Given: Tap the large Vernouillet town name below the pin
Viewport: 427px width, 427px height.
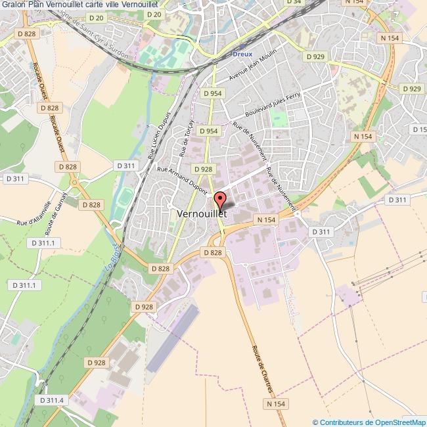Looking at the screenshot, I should pos(202,214).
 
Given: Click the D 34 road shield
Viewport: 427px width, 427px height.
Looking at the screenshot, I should pos(294,2).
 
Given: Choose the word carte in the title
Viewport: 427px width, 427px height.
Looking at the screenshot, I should pos(106,5).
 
